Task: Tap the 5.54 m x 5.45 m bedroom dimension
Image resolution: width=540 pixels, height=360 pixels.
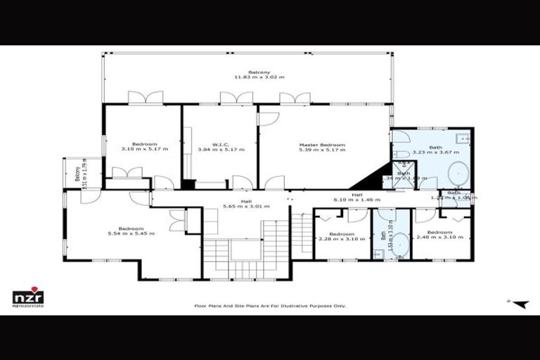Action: (x=131, y=233)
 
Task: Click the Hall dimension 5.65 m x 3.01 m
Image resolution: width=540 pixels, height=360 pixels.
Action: (x=246, y=207)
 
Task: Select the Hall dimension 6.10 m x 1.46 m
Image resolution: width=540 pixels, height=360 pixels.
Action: (x=357, y=200)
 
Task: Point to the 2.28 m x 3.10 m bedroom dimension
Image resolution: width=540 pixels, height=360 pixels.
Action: (x=341, y=238)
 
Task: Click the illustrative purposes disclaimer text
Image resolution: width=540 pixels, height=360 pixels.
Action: (x=270, y=306)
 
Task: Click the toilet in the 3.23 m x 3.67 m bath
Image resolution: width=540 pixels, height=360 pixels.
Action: (x=400, y=154)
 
